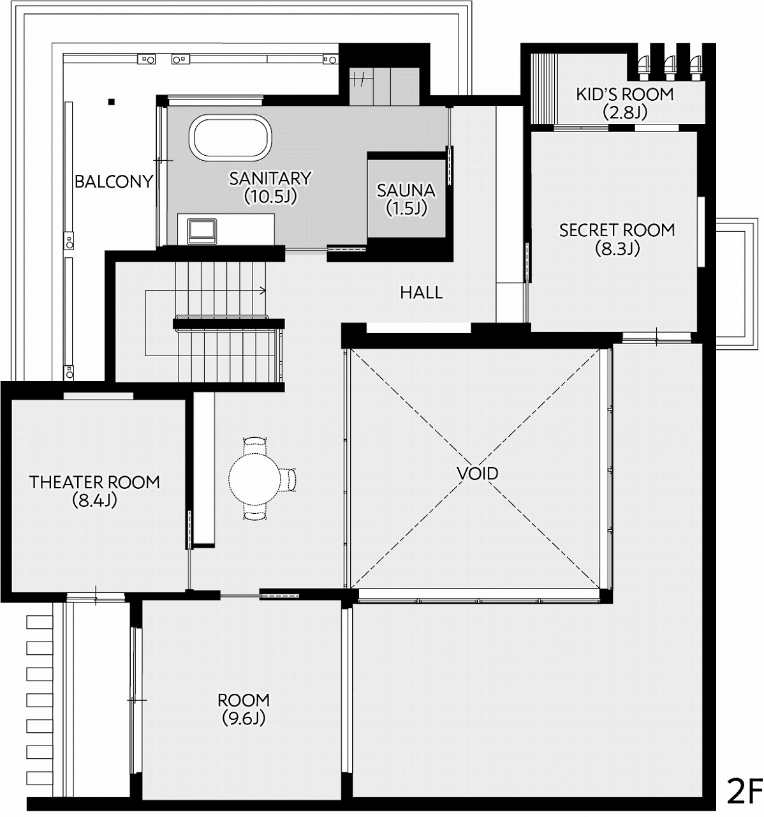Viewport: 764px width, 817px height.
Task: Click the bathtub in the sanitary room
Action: (x=230, y=137)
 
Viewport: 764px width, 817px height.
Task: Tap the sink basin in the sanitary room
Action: (x=202, y=229)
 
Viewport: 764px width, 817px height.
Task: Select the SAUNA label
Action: (x=406, y=190)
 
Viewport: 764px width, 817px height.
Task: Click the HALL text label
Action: (x=422, y=292)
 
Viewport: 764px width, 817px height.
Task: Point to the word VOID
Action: (x=478, y=474)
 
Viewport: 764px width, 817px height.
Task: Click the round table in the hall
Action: (x=254, y=479)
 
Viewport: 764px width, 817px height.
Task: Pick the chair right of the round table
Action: (x=289, y=479)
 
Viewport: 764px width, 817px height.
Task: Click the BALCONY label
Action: (x=114, y=181)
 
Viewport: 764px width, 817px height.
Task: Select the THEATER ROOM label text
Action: (x=94, y=482)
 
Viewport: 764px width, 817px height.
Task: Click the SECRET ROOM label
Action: (x=617, y=230)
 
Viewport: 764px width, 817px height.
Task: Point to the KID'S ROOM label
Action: (x=624, y=94)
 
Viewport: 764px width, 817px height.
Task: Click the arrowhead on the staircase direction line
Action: (x=263, y=291)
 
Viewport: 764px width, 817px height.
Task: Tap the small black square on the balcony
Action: (x=111, y=101)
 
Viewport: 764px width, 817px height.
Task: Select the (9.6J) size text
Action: (x=244, y=718)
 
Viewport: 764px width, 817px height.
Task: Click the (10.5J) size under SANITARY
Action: (x=270, y=197)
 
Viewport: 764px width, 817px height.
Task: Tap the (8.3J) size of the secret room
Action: (x=617, y=248)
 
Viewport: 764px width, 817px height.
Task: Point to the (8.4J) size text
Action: (x=94, y=500)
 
